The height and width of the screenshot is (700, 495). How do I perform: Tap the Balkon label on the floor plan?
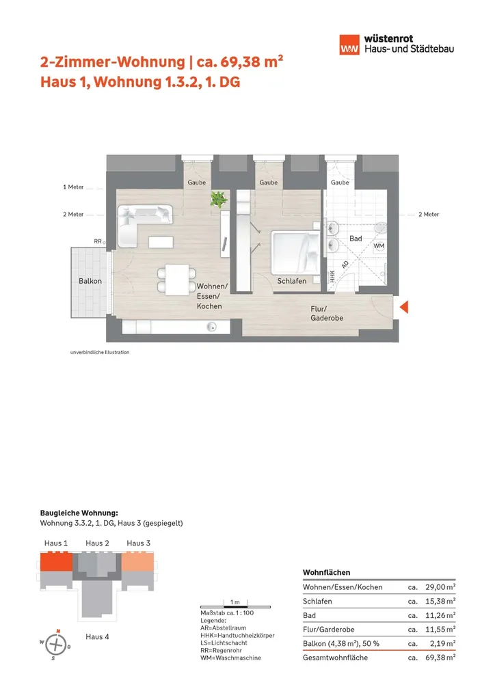[x=90, y=281]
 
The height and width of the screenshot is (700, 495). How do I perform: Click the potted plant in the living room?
[x=219, y=199]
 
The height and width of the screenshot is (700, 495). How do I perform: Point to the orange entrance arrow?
[x=404, y=308]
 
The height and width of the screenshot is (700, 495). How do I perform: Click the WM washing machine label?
[x=379, y=245]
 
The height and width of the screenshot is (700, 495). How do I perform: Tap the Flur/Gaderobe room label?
[x=327, y=314]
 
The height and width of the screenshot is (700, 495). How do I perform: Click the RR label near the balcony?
[x=98, y=241]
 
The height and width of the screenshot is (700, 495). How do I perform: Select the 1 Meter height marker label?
[x=72, y=187]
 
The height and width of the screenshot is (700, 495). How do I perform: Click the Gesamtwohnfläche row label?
[x=335, y=658]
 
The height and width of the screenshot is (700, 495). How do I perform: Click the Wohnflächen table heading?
[x=326, y=571]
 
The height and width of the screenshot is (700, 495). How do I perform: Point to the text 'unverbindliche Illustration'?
[x=100, y=353]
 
